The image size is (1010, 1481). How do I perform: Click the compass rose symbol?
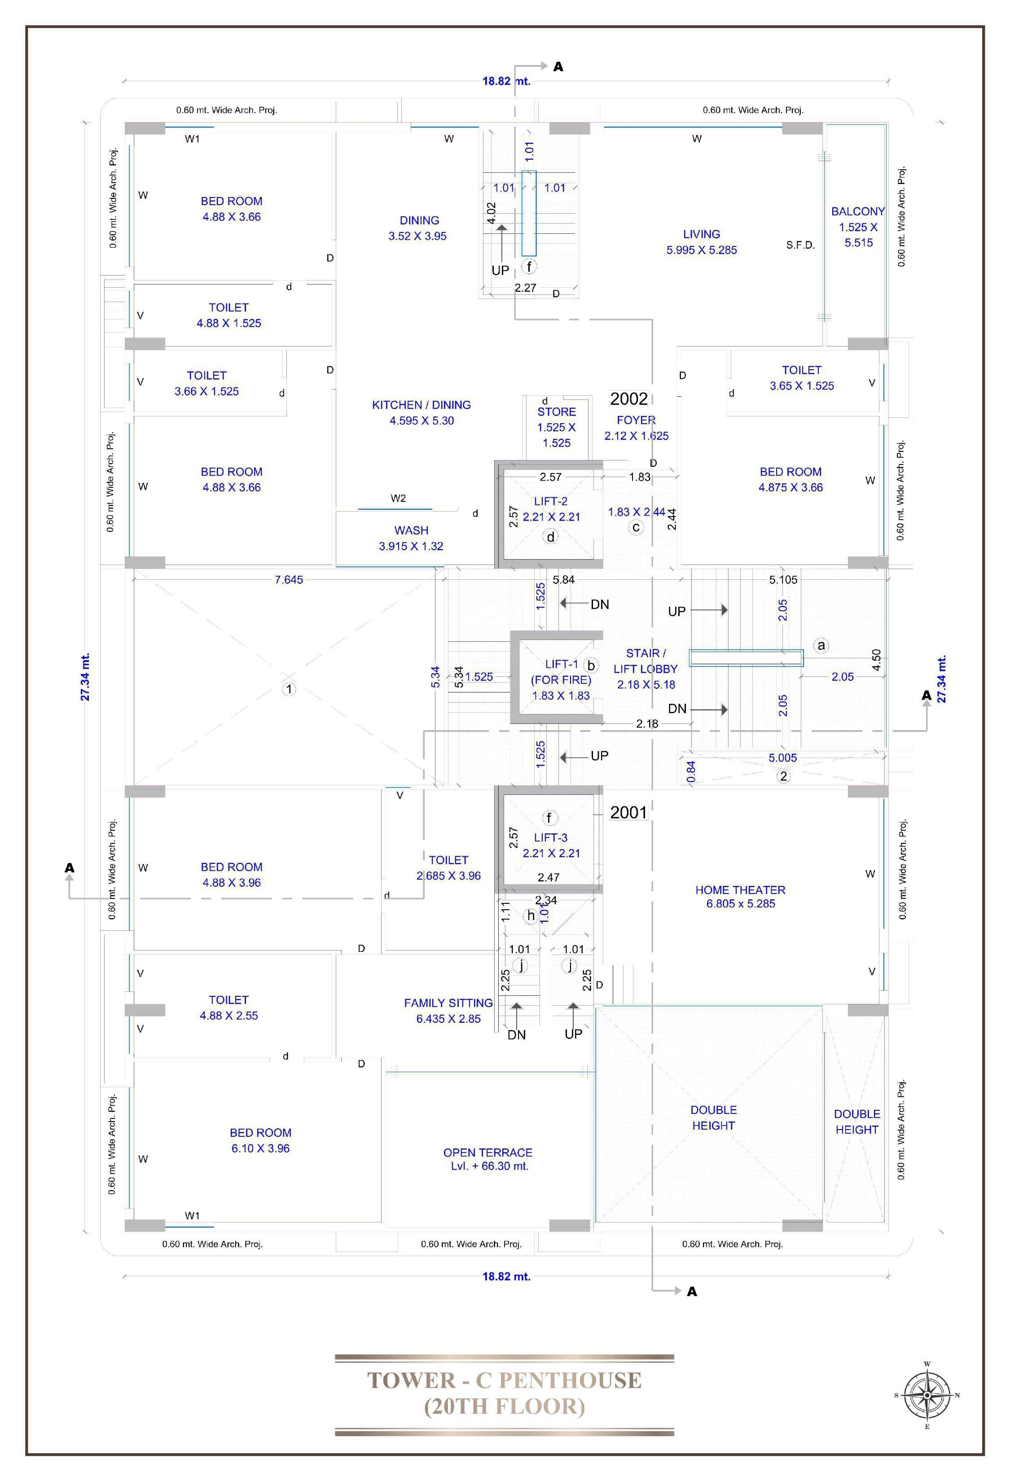point(927,1396)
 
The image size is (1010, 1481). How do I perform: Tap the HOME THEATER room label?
point(741,889)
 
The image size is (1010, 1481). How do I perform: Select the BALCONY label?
point(858,211)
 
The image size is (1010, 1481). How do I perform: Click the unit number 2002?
point(629,399)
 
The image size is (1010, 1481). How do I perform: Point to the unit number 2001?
point(629,812)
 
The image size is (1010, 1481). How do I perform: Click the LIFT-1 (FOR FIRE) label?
point(562,672)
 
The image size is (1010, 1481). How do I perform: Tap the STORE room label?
point(556,412)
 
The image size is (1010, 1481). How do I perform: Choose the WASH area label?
point(411,530)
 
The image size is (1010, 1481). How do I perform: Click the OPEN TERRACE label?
point(488,1152)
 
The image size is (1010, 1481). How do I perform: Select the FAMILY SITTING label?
point(448,1003)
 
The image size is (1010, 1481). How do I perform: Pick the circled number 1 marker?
point(289,689)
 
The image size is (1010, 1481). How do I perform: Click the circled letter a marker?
point(822,645)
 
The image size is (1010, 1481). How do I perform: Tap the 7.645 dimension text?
point(289,579)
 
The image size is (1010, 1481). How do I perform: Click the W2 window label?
point(398,498)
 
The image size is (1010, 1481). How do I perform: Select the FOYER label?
point(636,420)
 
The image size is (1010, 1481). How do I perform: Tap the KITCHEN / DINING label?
point(421,405)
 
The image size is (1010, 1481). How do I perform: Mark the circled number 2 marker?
point(784,776)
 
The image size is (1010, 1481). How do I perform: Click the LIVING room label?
point(702,234)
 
